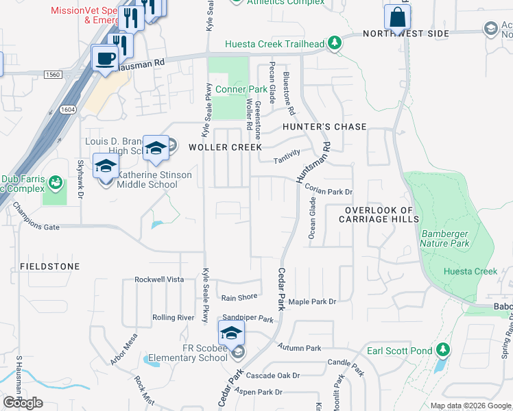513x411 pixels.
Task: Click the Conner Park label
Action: pos(241,90)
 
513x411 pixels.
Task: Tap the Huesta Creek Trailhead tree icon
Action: pos(335,44)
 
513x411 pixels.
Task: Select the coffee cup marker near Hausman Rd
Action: pos(105,58)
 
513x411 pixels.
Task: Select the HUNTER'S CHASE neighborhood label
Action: pos(324,127)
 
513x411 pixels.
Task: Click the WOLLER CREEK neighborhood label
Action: pos(225,147)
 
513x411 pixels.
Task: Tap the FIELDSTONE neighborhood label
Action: pos(50,266)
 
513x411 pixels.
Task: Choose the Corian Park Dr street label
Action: pos(329,192)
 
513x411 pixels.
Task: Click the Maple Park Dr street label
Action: pos(313,301)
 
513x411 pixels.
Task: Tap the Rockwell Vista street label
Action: pos(159,279)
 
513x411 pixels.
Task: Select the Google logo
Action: pos(23,403)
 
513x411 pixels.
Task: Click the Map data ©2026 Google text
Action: pos(470,406)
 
